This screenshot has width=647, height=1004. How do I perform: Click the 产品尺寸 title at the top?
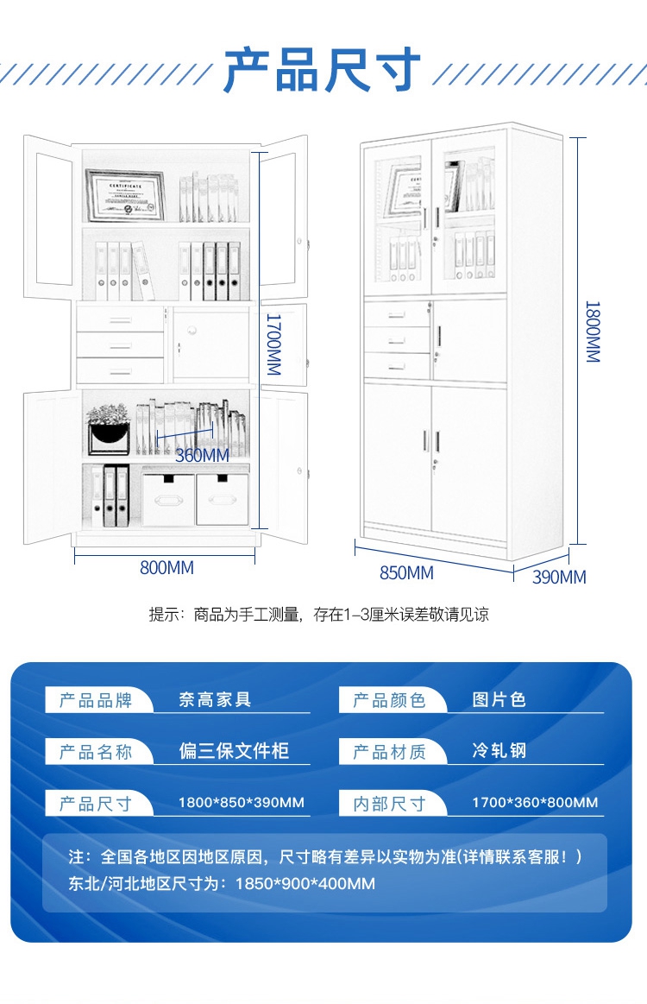click(x=323, y=71)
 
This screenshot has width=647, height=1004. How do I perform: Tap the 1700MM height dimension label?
click(x=273, y=343)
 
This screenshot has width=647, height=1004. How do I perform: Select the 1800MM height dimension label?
click(x=593, y=332)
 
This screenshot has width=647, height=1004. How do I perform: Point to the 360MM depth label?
click(x=202, y=455)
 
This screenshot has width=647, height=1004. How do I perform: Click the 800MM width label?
click(x=166, y=568)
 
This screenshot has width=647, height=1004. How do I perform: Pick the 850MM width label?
click(x=406, y=572)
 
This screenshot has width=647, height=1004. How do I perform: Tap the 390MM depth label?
click(x=559, y=578)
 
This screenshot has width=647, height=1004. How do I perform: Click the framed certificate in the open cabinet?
click(x=125, y=195)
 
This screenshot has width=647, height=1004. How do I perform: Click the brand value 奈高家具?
click(x=215, y=699)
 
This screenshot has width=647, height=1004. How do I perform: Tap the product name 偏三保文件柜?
click(x=234, y=751)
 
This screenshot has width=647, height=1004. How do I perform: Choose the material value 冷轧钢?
click(x=499, y=751)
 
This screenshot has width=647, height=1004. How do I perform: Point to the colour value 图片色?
click(x=499, y=699)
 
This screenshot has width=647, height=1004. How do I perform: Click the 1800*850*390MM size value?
click(x=242, y=803)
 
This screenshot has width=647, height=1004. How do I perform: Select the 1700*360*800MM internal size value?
click(x=535, y=803)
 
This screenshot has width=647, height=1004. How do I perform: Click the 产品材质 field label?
click(x=390, y=752)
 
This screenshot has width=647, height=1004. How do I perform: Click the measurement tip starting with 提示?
click(x=319, y=615)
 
